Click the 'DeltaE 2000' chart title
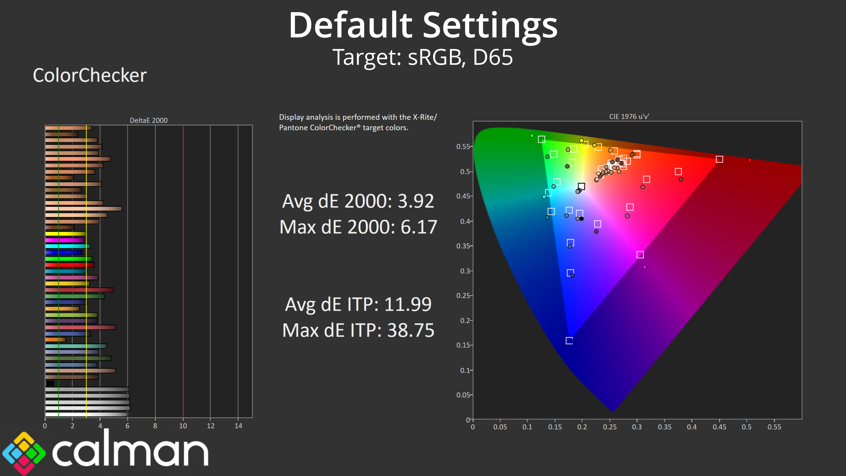point(148,120)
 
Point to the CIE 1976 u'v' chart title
point(629,117)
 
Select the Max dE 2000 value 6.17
point(419,227)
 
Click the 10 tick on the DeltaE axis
point(183,426)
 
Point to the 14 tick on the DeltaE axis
point(238,426)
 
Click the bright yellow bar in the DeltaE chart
point(65,234)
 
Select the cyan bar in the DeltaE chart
point(68,246)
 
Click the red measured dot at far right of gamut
point(750,160)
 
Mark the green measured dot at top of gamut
point(532,135)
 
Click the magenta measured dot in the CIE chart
point(645,267)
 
